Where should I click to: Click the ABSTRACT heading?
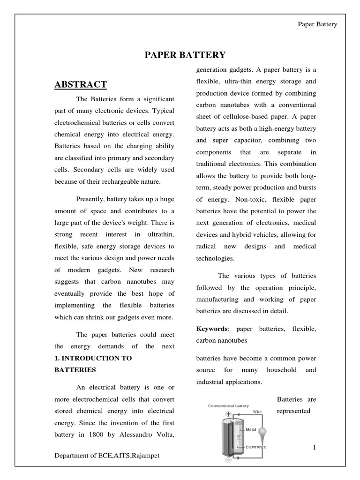click(81, 84)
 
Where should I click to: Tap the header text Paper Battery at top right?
click(317, 24)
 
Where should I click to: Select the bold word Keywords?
click(211, 329)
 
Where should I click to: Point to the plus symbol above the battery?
click(228, 414)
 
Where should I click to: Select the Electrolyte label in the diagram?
click(256, 447)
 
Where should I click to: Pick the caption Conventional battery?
click(228, 406)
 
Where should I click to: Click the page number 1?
click(315, 448)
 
